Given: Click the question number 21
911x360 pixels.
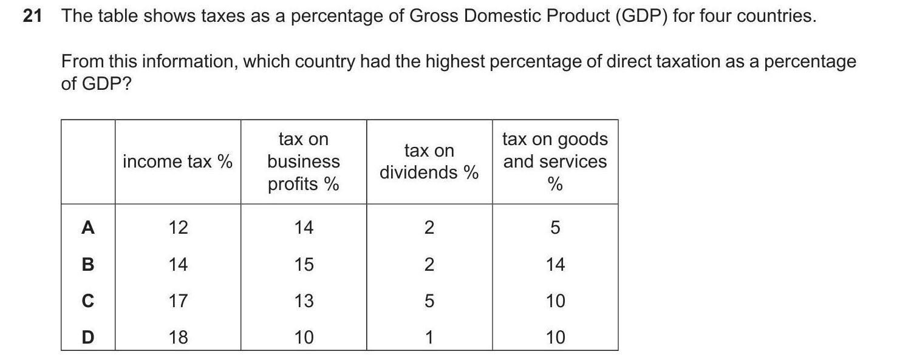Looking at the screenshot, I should pyautogui.click(x=32, y=16).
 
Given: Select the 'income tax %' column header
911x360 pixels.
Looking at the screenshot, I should pyautogui.click(x=177, y=161).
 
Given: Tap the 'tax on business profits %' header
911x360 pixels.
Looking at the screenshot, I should pyautogui.click(x=303, y=161).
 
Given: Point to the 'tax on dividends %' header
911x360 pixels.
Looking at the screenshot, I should pyautogui.click(x=429, y=161).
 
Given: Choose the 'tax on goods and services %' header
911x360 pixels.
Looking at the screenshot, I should pyautogui.click(x=555, y=161).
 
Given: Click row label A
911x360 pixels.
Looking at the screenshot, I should pyautogui.click(x=88, y=228).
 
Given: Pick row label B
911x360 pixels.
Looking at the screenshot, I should pyautogui.click(x=88, y=264).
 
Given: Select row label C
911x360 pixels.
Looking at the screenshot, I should pyautogui.click(x=88, y=301).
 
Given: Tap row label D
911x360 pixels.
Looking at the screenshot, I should pyautogui.click(x=88, y=337).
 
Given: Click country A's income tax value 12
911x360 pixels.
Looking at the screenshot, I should pyautogui.click(x=178, y=228).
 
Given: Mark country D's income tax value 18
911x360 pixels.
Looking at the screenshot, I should pyautogui.click(x=178, y=337).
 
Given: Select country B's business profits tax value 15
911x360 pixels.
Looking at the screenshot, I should pyautogui.click(x=304, y=264).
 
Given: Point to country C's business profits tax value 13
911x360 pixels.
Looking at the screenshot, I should pyautogui.click(x=304, y=301).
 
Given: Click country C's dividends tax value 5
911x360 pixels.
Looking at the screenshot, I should pyautogui.click(x=429, y=301).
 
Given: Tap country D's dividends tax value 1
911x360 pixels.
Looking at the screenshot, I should pyautogui.click(x=429, y=337).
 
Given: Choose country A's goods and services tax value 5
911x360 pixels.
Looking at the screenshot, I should pyautogui.click(x=555, y=228).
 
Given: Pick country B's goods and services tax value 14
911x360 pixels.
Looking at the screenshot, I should pyautogui.click(x=555, y=264).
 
